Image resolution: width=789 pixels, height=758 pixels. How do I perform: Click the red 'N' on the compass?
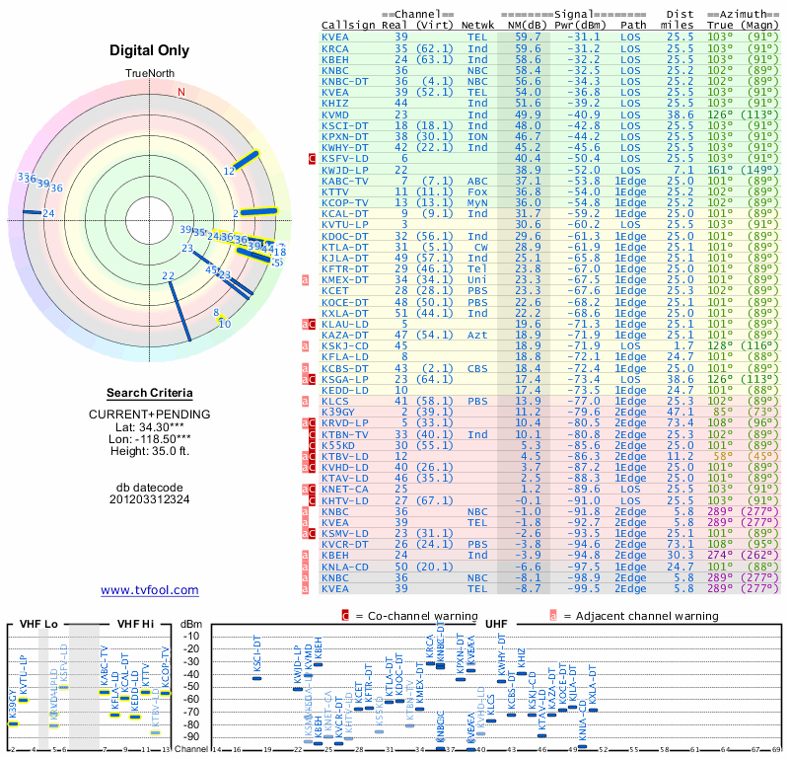coord(181,92)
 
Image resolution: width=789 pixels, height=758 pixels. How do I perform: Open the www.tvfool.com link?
coord(150,590)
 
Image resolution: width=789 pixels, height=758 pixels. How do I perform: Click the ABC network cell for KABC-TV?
coord(477,181)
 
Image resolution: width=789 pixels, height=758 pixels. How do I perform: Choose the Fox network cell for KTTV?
coord(477,191)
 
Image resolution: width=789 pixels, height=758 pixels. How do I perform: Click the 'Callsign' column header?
coord(347,26)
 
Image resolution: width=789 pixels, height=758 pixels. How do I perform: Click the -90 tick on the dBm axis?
coord(189,736)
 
